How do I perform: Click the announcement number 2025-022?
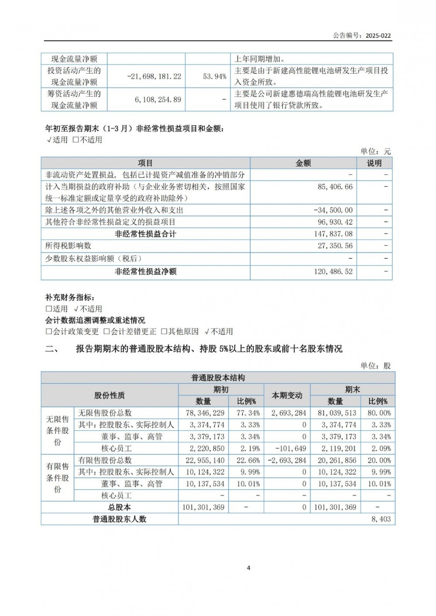(378, 36)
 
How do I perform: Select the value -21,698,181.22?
(154, 76)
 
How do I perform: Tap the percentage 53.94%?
(215, 76)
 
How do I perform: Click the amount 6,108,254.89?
(158, 99)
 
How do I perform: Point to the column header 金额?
(303, 163)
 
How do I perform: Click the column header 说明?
(374, 163)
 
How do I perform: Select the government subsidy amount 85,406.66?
(335, 186)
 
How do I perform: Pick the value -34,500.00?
(333, 210)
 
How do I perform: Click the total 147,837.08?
(333, 234)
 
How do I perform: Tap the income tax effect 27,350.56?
(335, 246)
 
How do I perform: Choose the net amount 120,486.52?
(333, 271)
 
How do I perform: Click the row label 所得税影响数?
(68, 246)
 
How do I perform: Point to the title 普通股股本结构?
(218, 378)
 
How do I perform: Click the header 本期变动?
(287, 395)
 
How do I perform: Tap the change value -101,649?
(291, 448)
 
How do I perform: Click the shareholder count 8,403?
(381, 519)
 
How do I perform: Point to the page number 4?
(249, 568)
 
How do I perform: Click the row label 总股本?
(119, 507)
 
